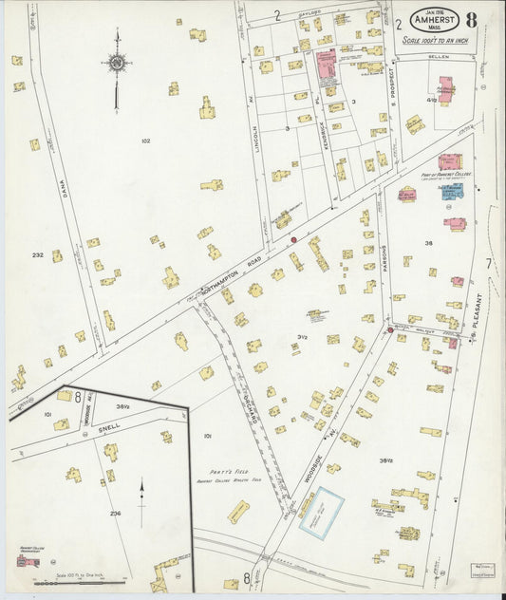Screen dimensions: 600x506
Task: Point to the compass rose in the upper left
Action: pyautogui.click(x=116, y=65)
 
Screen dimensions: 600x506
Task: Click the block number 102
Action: pyautogui.click(x=145, y=141)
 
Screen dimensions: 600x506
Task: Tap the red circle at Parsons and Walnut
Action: pyautogui.click(x=390, y=329)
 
